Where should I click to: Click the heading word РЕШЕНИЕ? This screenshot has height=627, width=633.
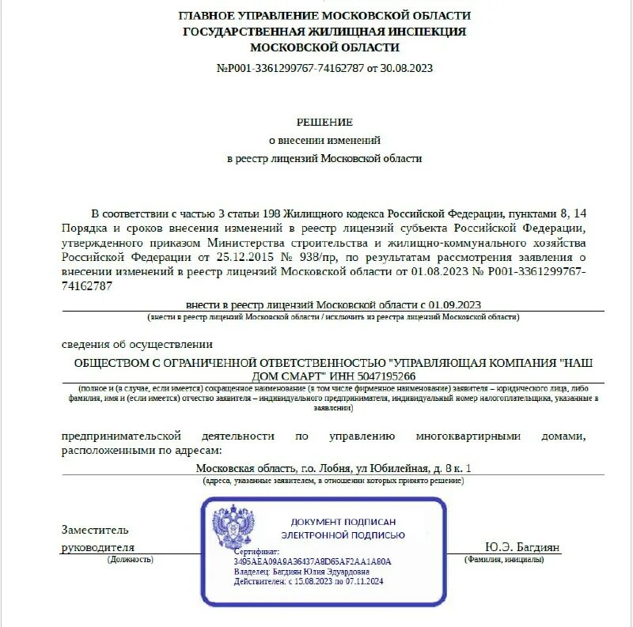pos(324,122)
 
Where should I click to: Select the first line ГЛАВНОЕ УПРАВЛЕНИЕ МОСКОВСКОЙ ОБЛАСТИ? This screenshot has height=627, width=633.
pos(324,16)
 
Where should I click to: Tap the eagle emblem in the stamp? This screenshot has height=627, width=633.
pos(233,531)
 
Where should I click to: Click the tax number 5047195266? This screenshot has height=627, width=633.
pos(385,376)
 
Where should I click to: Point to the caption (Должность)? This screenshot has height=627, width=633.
pos(131,559)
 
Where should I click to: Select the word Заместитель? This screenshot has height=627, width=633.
pos(95,530)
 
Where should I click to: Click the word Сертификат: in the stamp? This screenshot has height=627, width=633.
pos(256,551)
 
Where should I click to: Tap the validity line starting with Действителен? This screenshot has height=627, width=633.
pos(309,581)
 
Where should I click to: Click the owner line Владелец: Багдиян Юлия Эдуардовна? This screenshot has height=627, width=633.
pos(301,571)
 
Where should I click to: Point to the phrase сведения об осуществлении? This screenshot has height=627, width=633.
pos(137,344)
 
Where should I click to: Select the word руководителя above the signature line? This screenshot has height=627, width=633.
pos(98,547)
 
